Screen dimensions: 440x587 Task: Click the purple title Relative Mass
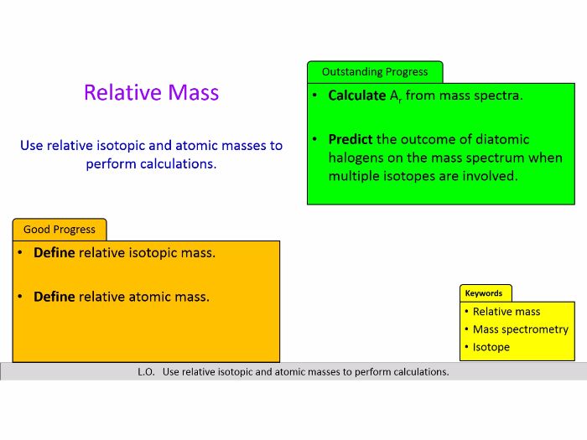pos(151,92)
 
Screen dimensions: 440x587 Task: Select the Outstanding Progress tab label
pos(374,72)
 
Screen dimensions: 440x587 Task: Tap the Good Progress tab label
pos(59,230)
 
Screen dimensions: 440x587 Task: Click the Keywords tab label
pos(484,293)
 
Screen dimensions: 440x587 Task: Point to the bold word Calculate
pos(357,96)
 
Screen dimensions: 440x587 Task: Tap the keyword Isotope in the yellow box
pos(491,347)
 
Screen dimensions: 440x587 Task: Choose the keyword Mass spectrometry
pos(520,329)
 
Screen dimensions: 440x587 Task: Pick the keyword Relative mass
pos(506,312)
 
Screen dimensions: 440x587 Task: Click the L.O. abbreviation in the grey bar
pos(146,372)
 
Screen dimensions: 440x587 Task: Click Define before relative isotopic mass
pos(55,252)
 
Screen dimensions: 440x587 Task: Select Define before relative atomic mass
pos(55,297)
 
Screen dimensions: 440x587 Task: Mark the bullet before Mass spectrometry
pos(465,329)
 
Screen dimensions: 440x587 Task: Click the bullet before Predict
pos(314,139)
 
